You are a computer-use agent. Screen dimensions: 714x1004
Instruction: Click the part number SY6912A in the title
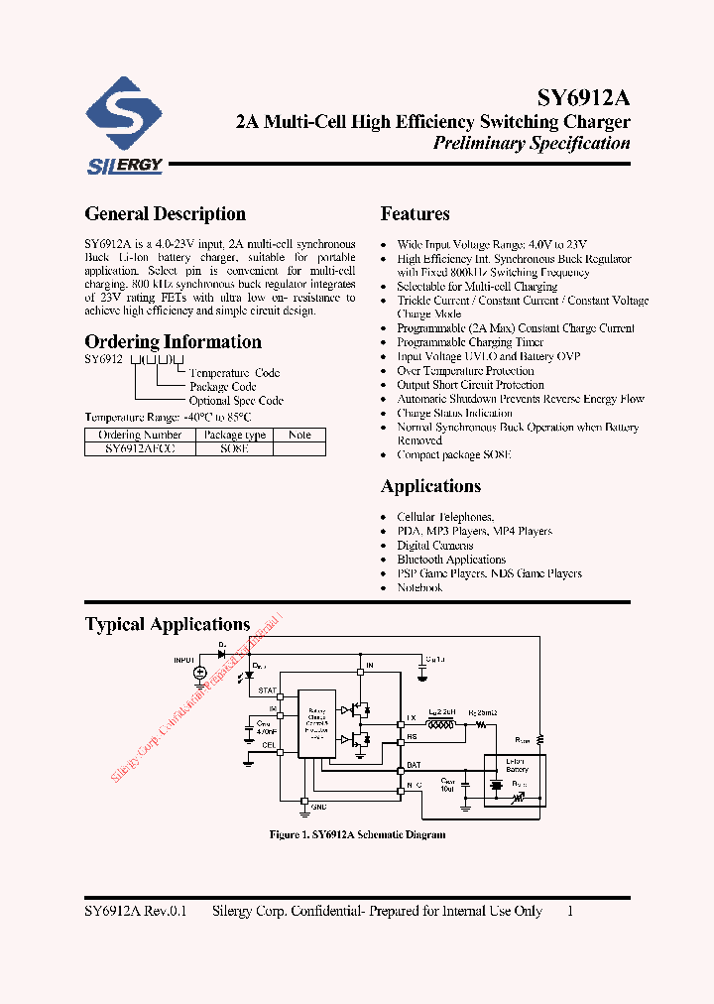583,98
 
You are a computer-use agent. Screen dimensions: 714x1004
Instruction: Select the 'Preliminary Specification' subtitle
532,144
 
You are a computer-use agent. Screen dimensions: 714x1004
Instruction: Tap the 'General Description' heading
165,214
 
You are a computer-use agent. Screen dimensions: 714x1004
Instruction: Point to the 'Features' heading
415,214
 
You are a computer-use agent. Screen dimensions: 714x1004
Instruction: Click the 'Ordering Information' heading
173,342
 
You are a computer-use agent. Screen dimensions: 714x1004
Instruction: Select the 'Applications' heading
430,486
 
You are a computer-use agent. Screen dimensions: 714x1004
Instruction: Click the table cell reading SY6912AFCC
140,448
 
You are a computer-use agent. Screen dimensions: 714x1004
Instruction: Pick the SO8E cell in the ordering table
234,448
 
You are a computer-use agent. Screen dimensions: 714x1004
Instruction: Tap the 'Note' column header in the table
299,435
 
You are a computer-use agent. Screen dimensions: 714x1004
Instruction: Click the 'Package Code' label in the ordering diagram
223,387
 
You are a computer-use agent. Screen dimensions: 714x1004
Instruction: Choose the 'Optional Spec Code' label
236,401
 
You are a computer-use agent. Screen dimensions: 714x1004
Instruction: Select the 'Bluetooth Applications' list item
451,560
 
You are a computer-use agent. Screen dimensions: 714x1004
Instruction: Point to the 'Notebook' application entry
419,588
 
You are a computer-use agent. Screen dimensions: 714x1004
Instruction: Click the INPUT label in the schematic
184,659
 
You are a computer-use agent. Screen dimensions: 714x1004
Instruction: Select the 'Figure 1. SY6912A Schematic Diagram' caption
357,835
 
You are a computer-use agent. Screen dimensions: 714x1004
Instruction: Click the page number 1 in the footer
570,911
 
